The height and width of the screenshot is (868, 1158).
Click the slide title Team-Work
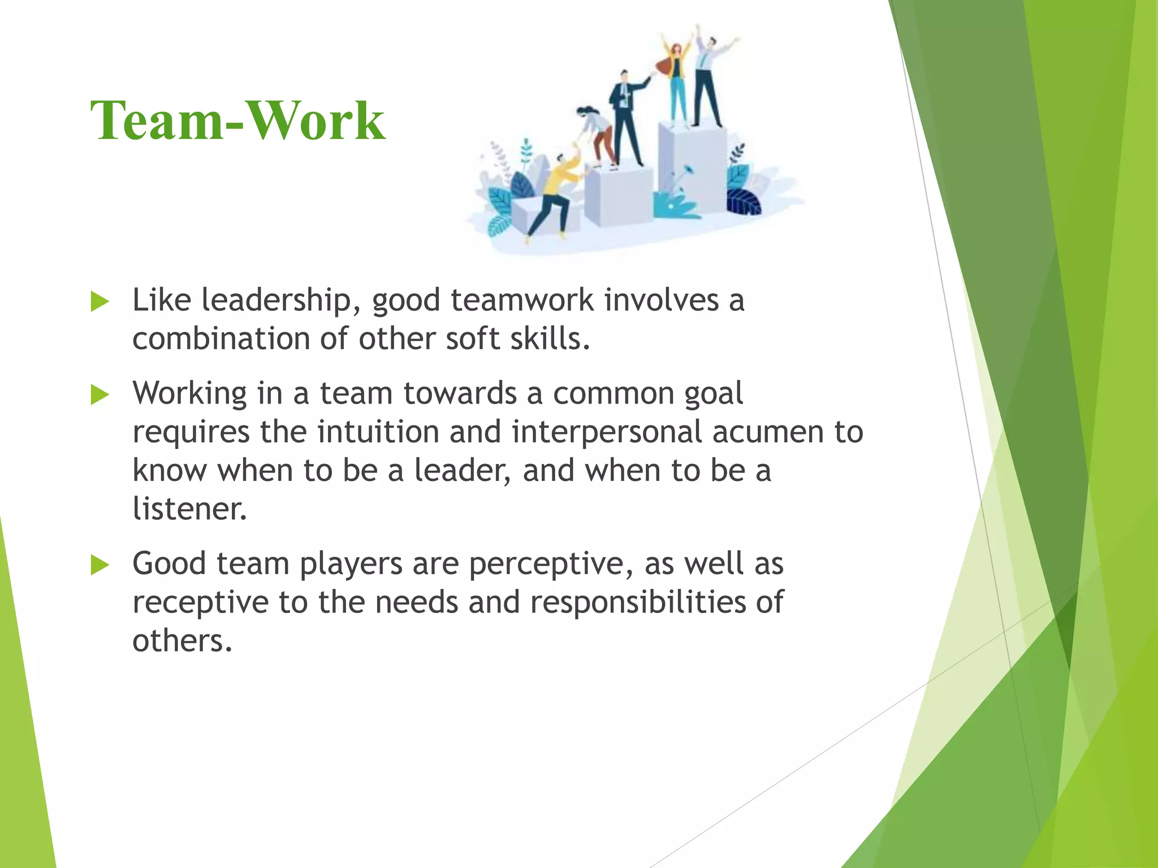(237, 120)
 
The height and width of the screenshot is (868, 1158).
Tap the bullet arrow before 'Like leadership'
(100, 302)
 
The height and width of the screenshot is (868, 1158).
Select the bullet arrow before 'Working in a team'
(100, 395)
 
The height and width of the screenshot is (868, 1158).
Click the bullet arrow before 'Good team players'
(100, 565)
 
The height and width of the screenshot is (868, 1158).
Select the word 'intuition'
(378, 432)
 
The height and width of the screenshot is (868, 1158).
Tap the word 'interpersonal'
(607, 432)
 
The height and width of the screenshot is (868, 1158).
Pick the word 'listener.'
(190, 509)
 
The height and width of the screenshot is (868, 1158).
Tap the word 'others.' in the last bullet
(182, 641)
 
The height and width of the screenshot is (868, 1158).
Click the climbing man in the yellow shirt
(557, 192)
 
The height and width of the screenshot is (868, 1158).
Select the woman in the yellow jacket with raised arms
(676, 79)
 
